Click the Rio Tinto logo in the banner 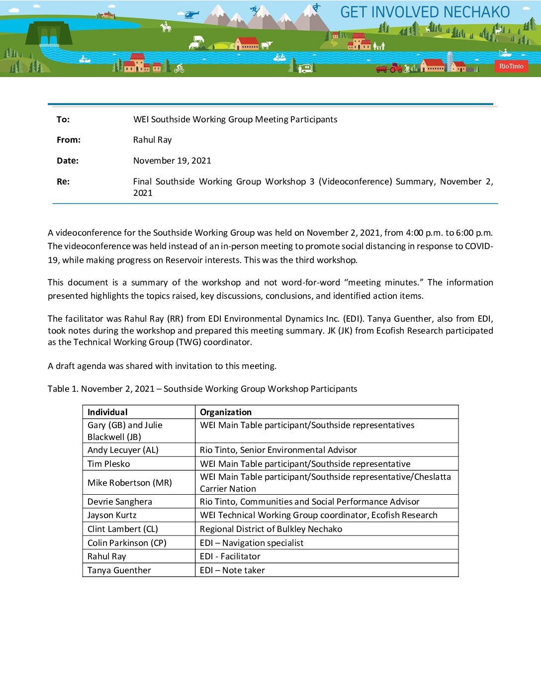[511, 66]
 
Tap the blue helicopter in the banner [191, 15]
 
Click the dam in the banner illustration [49, 34]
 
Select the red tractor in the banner [396, 68]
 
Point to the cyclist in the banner [179, 69]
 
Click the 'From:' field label [69, 140]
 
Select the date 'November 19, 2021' [172, 161]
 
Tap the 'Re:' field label [63, 181]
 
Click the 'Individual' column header [107, 412]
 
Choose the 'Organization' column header [226, 412]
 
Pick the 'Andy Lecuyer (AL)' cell [123, 450]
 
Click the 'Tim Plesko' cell [108, 464]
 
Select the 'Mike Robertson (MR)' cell [129, 483]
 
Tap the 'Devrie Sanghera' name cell [119, 502]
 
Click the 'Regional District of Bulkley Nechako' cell [271, 529]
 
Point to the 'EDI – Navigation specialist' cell [252, 543]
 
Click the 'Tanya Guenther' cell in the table [119, 570]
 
